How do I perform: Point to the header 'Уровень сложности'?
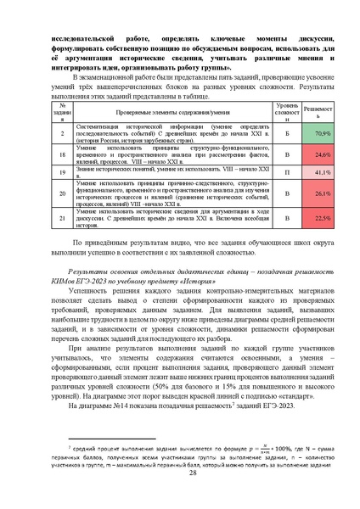(287, 113)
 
